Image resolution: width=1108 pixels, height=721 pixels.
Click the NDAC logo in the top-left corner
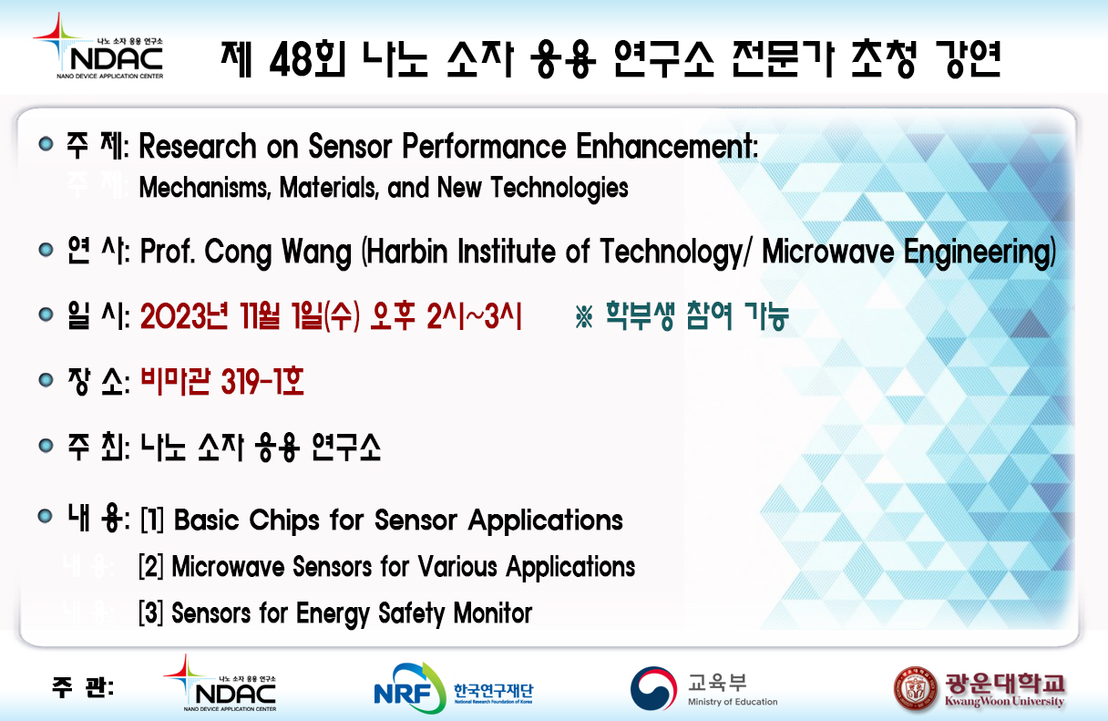tap(97, 46)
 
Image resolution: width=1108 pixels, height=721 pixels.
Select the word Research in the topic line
tap(198, 147)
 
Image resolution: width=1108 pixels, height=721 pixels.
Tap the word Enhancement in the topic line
tap(667, 147)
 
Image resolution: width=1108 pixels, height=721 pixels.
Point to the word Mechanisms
tap(205, 188)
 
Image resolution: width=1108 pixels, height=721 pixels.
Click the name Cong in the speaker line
tap(238, 252)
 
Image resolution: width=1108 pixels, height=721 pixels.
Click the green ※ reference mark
tap(584, 316)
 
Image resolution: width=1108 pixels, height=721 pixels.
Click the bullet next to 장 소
tap(46, 380)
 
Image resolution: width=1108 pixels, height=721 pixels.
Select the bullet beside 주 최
tap(46, 446)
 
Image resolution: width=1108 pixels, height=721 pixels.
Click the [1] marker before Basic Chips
tap(152, 520)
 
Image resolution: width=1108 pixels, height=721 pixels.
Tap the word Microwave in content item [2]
tap(228, 567)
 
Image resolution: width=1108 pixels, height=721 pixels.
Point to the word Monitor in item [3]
tap(493, 613)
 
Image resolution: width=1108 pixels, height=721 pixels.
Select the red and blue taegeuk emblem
tap(654, 688)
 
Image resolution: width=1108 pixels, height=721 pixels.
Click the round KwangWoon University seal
tap(916, 688)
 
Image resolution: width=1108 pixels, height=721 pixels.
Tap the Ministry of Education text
tap(733, 702)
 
